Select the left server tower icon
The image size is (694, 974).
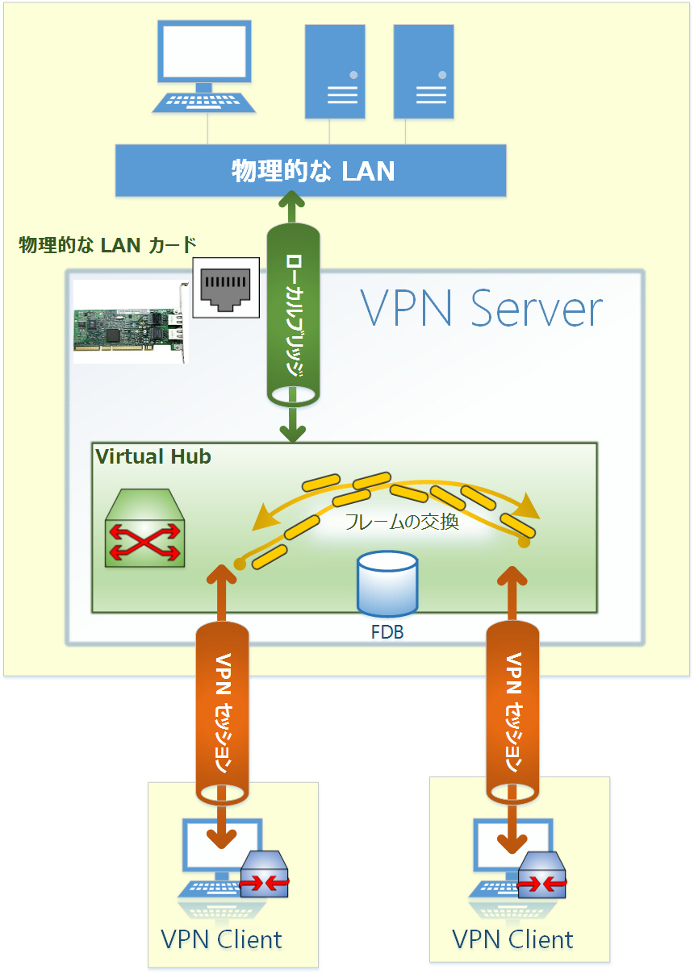pos(335,71)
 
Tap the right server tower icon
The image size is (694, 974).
pos(424,71)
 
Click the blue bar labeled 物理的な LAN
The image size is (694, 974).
pos(311,170)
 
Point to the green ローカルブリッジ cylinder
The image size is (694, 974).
pos(293,314)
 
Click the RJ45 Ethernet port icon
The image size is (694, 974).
pos(226,287)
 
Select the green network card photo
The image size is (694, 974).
pos(131,322)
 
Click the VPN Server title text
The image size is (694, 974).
pos(481,309)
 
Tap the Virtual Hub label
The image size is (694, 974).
pos(153,456)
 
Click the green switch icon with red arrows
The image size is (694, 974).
pos(145,528)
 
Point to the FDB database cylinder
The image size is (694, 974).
pos(387,584)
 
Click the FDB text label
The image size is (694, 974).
pos(387,632)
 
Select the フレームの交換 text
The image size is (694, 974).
pos(402,522)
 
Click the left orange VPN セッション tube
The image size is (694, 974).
pos(222,713)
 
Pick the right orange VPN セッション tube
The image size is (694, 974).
pos(512,712)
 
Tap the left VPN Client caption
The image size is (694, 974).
pos(221,939)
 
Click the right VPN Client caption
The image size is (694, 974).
pos(512,939)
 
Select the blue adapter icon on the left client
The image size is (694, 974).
pos(264,874)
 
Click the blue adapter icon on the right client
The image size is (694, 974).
pos(541,875)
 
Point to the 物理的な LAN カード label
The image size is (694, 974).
pos(107,245)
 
